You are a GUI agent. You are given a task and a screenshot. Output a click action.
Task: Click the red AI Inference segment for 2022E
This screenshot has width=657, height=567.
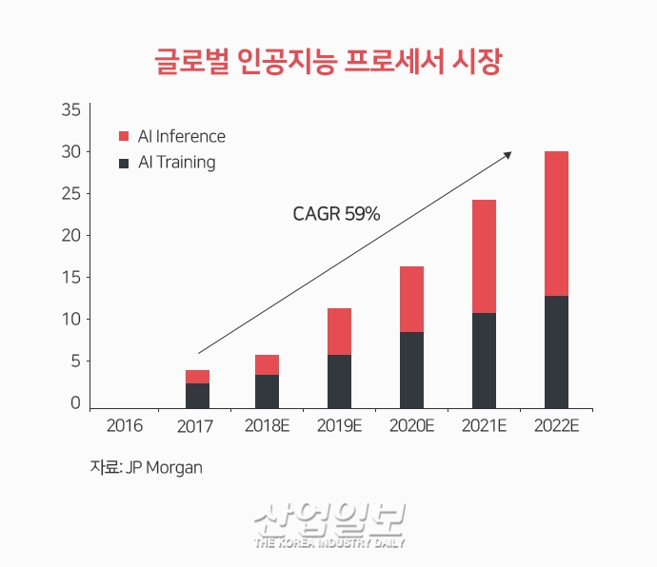[556, 224]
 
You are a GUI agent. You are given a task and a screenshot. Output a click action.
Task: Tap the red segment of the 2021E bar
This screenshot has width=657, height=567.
[484, 256]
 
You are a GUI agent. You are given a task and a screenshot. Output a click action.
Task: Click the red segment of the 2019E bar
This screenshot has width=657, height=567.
[339, 331]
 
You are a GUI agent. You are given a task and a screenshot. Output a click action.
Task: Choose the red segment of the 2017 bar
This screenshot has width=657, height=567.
[197, 377]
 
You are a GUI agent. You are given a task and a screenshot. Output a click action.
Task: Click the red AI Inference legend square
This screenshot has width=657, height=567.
[124, 137]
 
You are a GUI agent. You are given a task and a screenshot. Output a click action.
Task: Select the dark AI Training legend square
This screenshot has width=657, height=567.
[124, 163]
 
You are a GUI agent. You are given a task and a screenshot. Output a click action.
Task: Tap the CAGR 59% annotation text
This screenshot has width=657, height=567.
[336, 214]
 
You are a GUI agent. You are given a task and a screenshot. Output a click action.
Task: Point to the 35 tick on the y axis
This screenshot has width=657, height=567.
[70, 110]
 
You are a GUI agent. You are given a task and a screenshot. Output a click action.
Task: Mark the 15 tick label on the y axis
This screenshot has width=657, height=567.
[70, 277]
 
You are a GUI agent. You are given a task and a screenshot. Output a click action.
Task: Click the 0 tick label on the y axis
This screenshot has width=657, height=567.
[75, 402]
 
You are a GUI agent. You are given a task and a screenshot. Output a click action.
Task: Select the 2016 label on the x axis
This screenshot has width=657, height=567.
[125, 425]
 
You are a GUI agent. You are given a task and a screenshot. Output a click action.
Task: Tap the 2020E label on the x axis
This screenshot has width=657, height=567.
[411, 425]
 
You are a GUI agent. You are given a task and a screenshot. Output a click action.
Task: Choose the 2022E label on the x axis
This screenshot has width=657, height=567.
[556, 425]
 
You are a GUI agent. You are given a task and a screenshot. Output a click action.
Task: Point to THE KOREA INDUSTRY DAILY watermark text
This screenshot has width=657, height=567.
[329, 543]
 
